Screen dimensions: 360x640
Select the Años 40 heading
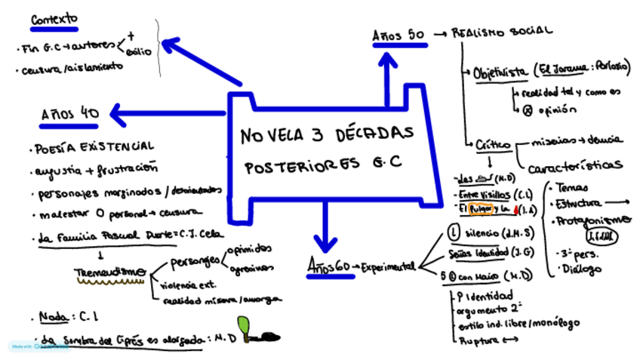point(69,114)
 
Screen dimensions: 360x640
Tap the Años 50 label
point(398,35)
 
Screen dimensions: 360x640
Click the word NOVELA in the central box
point(274,136)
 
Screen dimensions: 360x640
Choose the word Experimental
point(388,266)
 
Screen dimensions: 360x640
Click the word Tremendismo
point(110,272)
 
